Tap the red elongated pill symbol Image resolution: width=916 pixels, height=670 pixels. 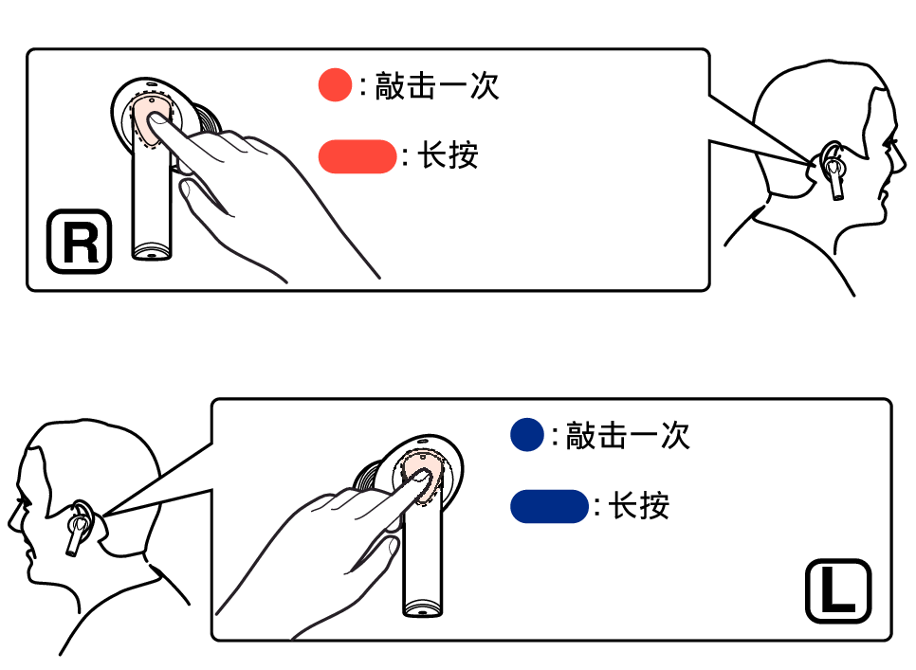(357, 156)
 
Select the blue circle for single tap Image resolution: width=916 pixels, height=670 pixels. (526, 435)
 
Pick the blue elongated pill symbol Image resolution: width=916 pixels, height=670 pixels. (550, 506)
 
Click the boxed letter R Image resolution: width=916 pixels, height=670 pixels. (80, 242)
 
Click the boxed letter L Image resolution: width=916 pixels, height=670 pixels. (837, 591)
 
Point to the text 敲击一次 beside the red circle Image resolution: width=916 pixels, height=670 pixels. (435, 86)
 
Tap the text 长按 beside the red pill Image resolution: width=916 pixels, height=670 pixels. (449, 156)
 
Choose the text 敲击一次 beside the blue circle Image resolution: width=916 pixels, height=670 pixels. (627, 435)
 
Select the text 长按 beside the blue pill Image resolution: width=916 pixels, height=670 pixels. (639, 506)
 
